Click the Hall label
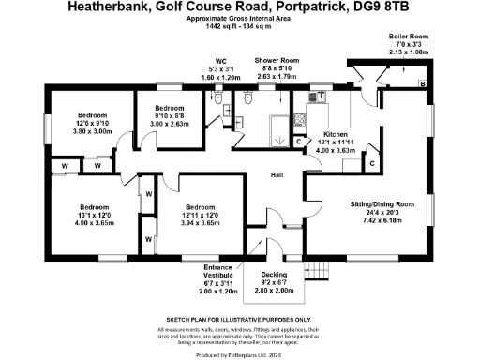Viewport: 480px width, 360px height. (277, 175)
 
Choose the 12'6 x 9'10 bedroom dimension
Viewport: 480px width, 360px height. (94, 124)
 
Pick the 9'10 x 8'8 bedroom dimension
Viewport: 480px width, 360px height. (170, 116)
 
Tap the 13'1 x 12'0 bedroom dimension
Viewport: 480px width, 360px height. (94, 215)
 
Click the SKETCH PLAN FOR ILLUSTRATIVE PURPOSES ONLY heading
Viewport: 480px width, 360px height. (239, 320)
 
